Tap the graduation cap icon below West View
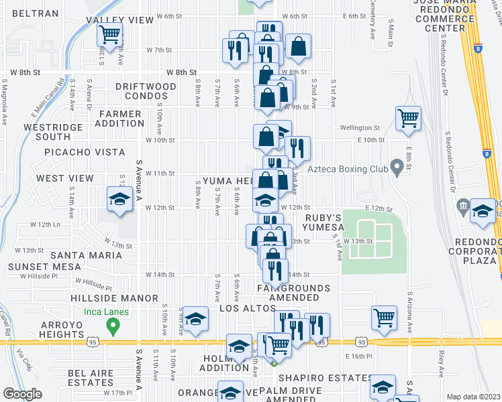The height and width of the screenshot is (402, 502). pos(120,200)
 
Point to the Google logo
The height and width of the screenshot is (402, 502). pos(22,394)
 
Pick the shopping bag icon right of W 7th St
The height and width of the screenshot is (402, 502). pos(298,46)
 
